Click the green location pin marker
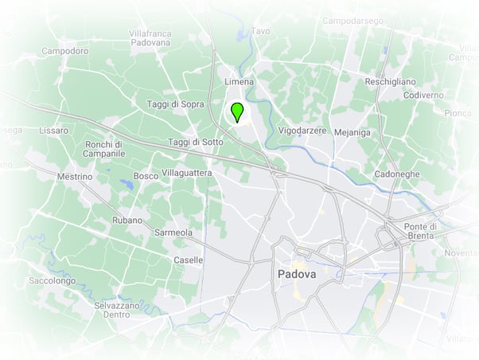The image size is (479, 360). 236,112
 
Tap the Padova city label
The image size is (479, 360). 297,273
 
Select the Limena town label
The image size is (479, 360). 240,82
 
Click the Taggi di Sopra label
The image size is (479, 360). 176,104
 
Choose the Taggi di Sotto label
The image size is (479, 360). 195,142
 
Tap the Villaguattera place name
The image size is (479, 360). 186,172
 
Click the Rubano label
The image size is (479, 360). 127,220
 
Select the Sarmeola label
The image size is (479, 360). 173,233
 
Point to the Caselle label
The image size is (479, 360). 188,260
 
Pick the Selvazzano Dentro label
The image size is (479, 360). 116,310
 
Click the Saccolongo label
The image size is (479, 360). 53,280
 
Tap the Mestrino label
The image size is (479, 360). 76,176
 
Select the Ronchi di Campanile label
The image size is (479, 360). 105,148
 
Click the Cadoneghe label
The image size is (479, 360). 397,174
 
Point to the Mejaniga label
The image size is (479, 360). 352,132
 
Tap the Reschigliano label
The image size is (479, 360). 390,82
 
